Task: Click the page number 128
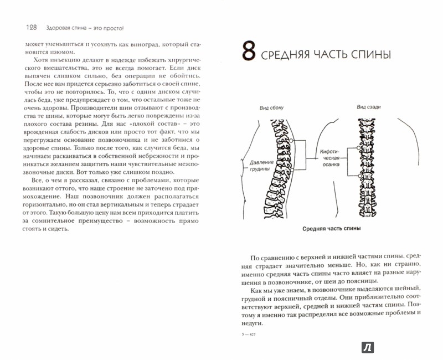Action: tap(32, 27)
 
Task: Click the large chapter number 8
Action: tap(249, 50)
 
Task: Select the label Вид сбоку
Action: tap(271, 107)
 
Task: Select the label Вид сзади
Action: tap(369, 107)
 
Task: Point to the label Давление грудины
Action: tap(261, 166)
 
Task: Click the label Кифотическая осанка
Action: tap(331, 158)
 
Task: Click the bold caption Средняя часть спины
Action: tap(331, 229)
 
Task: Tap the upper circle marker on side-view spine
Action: tap(291, 141)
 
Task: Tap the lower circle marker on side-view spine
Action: tap(292, 169)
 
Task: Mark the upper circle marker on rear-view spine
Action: tap(358, 147)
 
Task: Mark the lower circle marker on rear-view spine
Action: tap(359, 176)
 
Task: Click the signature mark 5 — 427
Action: tap(249, 335)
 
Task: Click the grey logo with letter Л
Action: tap(368, 347)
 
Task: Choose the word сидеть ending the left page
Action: tap(59, 229)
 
